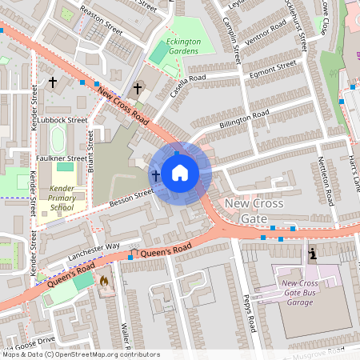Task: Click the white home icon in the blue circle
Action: coord(180,173)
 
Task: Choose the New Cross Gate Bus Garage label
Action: coord(305,294)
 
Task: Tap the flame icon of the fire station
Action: coord(103,282)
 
